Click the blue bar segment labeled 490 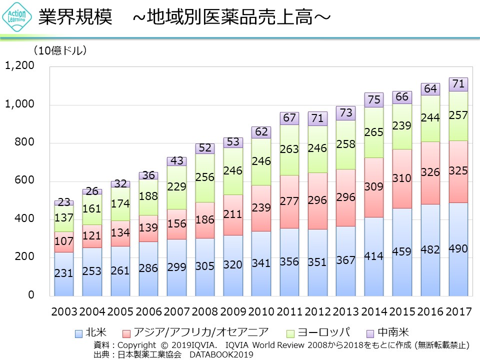(458, 249)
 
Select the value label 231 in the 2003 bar (64, 273)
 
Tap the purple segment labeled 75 (374, 100)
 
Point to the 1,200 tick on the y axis (20, 66)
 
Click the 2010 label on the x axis (261, 312)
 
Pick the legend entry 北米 (90, 332)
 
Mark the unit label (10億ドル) (60, 50)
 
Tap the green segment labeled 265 (374, 132)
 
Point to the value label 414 (374, 256)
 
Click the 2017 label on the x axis (458, 312)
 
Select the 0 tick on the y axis (30, 295)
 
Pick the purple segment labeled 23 (64, 203)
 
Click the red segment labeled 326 (430, 172)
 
